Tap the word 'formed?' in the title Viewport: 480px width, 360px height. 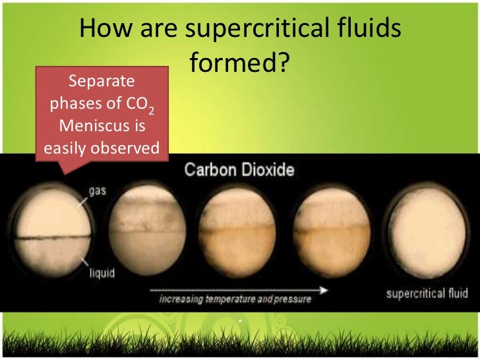pyautogui.click(x=240, y=63)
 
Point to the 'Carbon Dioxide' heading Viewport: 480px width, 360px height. pyautogui.click(x=239, y=171)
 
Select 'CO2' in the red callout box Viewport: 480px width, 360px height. pyautogui.click(x=144, y=105)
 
